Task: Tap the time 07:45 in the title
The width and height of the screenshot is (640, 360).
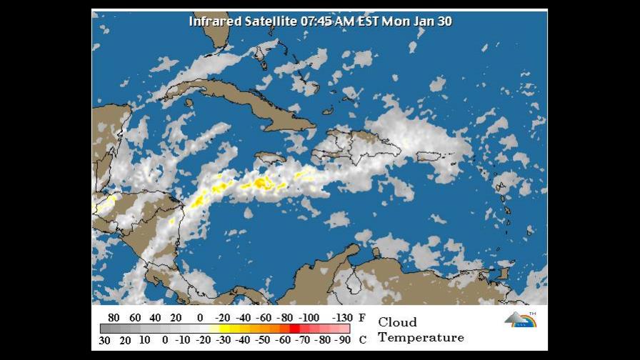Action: point(315,21)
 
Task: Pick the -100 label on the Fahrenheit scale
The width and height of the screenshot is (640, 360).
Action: point(309,318)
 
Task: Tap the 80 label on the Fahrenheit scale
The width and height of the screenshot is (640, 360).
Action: point(114,318)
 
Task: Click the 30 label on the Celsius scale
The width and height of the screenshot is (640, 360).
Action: point(104,340)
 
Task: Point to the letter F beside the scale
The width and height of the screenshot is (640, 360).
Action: point(361,318)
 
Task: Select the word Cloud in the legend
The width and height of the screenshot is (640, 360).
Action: point(397,322)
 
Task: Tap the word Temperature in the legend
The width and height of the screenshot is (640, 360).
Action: point(421,337)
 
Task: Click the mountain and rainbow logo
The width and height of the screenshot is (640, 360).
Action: point(521,319)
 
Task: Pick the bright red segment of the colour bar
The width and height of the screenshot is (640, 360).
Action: point(294,329)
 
